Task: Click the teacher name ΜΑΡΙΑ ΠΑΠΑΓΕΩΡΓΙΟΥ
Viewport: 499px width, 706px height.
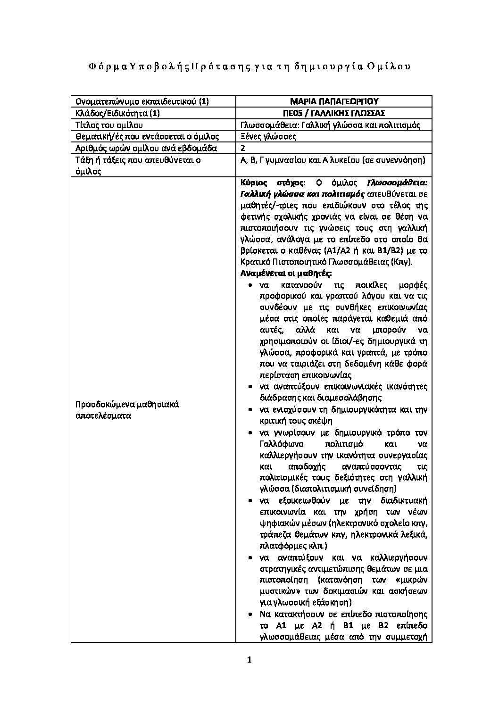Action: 334,101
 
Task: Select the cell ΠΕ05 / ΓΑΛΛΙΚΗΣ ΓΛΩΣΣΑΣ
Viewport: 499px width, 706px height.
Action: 334,113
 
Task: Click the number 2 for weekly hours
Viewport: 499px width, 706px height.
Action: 243,149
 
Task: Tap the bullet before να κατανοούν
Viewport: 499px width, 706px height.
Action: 249,285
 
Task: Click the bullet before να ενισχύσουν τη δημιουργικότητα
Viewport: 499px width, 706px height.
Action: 249,410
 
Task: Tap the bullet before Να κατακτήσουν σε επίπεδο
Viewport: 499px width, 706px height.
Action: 249,614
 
